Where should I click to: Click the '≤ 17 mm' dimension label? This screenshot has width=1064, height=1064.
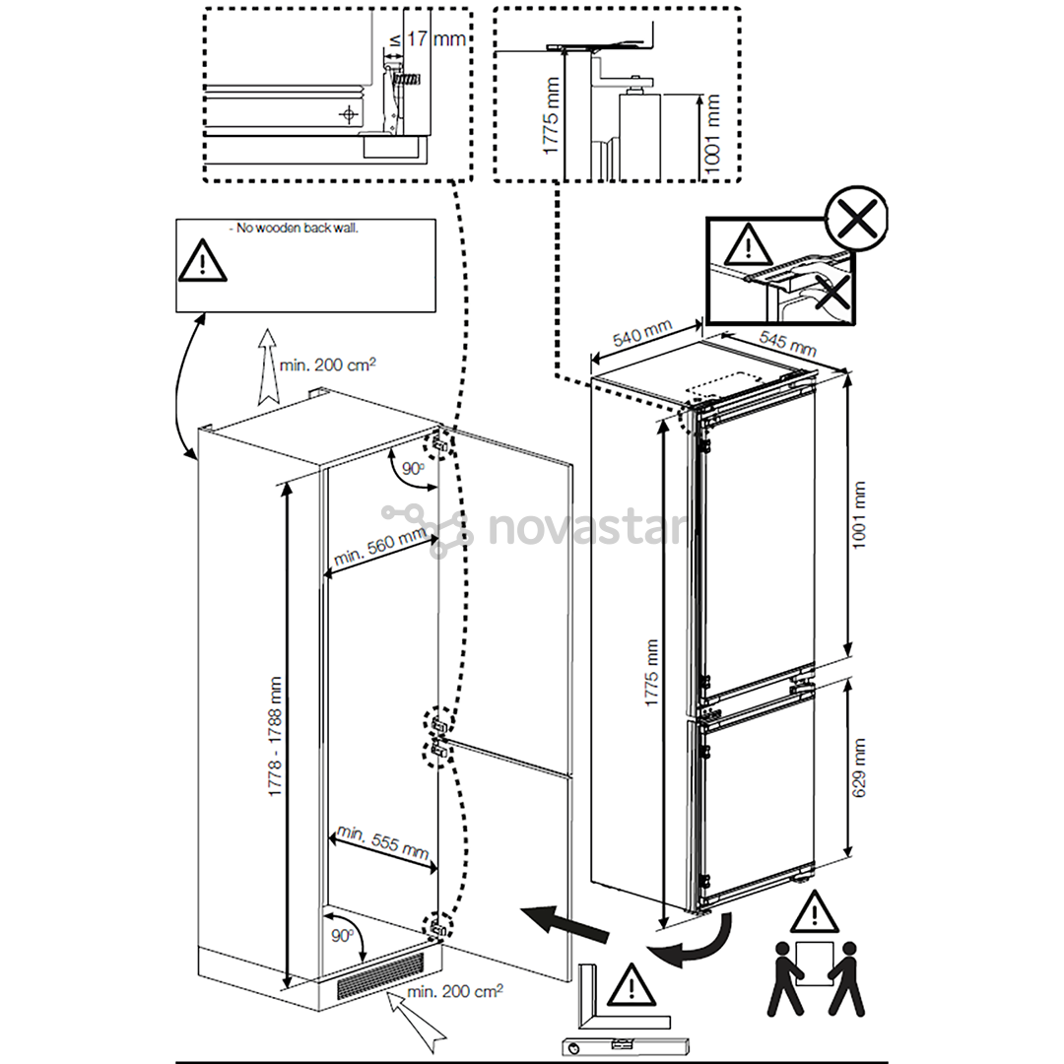428,39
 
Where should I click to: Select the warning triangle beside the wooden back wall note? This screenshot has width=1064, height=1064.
202,260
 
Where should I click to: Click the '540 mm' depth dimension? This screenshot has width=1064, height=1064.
642,333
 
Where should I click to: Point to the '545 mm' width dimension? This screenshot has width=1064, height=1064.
787,344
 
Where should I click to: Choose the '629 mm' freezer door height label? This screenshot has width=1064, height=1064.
859,767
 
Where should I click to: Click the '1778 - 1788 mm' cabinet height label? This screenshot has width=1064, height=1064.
275,736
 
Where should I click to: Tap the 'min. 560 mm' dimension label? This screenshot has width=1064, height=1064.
380,546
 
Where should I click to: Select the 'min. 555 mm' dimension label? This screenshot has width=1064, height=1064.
383,841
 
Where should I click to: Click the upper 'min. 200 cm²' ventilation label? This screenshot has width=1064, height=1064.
328,365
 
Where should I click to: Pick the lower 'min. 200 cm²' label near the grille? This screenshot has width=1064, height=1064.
454,991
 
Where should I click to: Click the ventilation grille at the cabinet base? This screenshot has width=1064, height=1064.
380,975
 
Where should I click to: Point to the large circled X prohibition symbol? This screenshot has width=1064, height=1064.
857,218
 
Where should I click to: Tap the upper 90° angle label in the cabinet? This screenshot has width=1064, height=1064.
413,468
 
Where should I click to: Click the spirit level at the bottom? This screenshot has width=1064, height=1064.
626,1045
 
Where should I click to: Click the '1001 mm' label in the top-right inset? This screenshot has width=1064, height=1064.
711,134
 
